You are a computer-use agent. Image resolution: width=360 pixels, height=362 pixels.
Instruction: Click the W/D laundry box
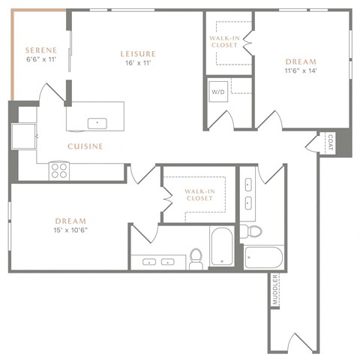point(219,92)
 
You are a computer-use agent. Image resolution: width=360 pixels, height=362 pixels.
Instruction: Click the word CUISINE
point(85,146)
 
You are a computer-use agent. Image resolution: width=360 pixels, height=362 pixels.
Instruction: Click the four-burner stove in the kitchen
point(58,170)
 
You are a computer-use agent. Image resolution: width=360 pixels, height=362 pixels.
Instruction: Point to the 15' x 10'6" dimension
point(71,232)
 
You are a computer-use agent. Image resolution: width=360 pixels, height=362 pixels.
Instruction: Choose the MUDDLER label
point(275,290)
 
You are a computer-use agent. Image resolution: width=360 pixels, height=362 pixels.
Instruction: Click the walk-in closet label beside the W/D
point(224,41)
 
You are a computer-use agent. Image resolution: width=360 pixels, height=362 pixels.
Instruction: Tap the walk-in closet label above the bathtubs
point(199,196)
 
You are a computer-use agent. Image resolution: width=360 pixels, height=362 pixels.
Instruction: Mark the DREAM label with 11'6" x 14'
point(300,62)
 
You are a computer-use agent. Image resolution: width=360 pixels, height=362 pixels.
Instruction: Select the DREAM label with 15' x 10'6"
point(70,221)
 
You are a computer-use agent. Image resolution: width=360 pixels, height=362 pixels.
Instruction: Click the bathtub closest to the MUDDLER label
point(263,257)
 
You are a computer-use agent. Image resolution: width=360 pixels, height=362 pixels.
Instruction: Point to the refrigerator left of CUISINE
point(22,137)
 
